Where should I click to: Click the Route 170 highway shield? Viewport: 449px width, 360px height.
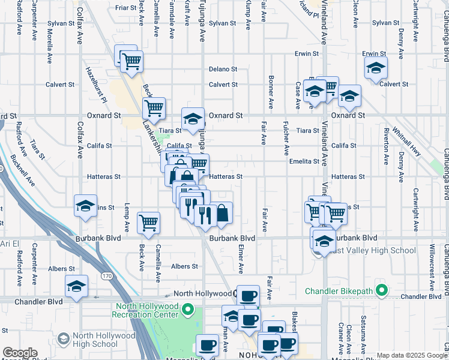coord(107,276)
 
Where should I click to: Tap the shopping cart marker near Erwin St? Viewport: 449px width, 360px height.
coord(130,60)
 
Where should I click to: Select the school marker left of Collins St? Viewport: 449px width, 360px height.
coord(86,206)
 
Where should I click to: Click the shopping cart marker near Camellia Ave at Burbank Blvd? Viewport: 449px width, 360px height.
coord(148,223)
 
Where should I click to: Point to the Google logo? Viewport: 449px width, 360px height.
coord(20,353)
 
